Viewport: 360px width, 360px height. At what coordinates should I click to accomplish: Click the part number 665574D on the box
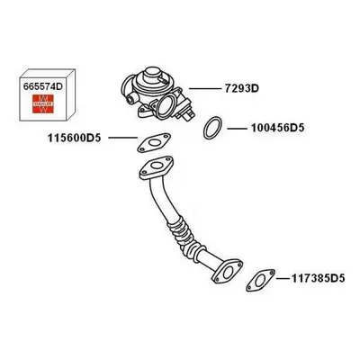click(43, 86)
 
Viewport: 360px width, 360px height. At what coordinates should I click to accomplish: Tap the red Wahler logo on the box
click(43, 103)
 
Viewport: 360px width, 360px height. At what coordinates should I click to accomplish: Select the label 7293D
click(242, 89)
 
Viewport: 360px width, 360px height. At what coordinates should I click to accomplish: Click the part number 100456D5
click(277, 128)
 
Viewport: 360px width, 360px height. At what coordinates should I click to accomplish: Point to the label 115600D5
click(75, 138)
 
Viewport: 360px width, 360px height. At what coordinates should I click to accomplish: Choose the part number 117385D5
click(319, 279)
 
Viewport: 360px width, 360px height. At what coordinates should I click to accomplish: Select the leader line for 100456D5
click(237, 129)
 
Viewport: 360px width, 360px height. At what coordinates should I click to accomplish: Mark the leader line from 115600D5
click(123, 138)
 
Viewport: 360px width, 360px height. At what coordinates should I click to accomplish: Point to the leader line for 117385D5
click(283, 279)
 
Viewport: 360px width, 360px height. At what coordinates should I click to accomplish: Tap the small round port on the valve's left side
click(130, 98)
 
